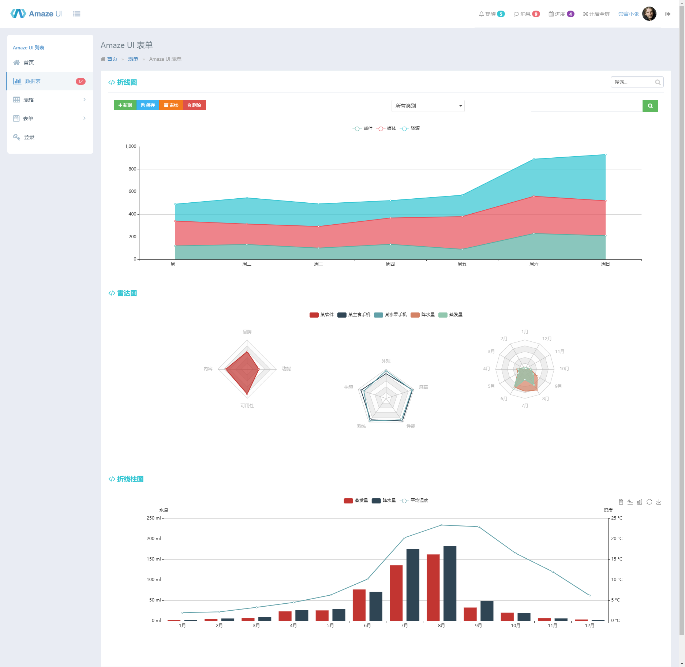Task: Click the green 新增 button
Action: (x=125, y=105)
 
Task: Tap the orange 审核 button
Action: (x=171, y=105)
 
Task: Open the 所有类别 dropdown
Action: (x=428, y=106)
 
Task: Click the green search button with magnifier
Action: (x=650, y=106)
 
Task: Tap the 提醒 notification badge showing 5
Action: (x=501, y=14)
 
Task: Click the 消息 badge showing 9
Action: (x=536, y=14)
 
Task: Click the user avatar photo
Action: (x=649, y=14)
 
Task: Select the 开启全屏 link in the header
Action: (x=596, y=14)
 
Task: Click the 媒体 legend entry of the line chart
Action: (x=386, y=128)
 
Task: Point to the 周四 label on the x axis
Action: (x=390, y=264)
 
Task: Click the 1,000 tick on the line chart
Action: (x=131, y=146)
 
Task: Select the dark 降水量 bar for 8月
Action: (x=450, y=584)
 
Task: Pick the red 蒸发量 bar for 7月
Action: (x=396, y=593)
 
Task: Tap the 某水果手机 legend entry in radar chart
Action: (x=390, y=315)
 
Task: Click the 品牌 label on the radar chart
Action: (x=247, y=332)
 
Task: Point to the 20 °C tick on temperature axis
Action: (x=617, y=539)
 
